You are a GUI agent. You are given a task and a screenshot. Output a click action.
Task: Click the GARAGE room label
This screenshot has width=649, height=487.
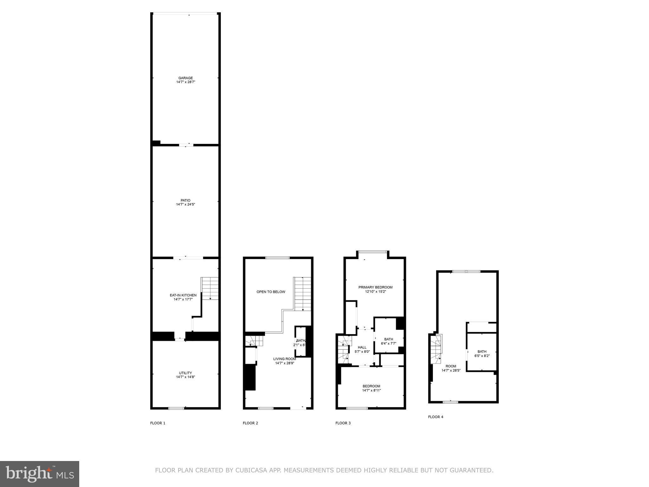(185, 78)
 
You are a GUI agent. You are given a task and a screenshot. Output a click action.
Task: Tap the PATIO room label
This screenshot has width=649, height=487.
(185, 200)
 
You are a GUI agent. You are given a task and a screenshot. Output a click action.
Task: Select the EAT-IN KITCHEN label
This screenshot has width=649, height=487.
(183, 295)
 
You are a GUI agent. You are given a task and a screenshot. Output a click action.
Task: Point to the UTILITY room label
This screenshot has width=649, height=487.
(185, 373)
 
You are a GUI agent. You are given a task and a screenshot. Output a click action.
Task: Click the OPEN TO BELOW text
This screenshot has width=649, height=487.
(271, 292)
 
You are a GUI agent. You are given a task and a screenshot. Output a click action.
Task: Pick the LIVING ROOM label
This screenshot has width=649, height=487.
(285, 359)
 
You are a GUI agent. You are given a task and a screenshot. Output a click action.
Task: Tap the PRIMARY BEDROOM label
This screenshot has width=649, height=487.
(375, 287)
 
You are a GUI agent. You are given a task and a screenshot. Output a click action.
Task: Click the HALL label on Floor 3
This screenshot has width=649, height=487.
(362, 347)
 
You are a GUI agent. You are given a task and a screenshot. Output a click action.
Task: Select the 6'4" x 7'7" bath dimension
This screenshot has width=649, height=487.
(389, 343)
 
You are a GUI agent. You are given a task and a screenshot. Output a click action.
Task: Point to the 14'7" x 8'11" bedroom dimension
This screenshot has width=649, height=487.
(371, 390)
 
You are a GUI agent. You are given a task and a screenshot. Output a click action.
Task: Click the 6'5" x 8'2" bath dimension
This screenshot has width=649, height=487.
(482, 356)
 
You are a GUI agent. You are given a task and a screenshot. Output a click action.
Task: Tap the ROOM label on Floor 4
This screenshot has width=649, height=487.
(451, 366)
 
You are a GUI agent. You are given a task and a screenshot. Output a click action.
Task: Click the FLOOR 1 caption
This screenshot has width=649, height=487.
(158, 423)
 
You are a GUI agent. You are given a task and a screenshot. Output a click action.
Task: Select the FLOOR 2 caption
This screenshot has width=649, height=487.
(250, 423)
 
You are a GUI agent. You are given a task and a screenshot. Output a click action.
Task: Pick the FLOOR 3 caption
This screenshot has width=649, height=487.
(343, 423)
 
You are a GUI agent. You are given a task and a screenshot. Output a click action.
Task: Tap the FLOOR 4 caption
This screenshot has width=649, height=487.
(435, 417)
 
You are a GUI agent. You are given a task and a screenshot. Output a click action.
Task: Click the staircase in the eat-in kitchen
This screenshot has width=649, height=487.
(210, 288)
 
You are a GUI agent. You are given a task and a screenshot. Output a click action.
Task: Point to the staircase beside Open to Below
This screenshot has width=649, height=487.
(303, 294)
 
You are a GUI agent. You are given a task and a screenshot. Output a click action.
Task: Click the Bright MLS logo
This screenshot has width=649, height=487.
(40, 474)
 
